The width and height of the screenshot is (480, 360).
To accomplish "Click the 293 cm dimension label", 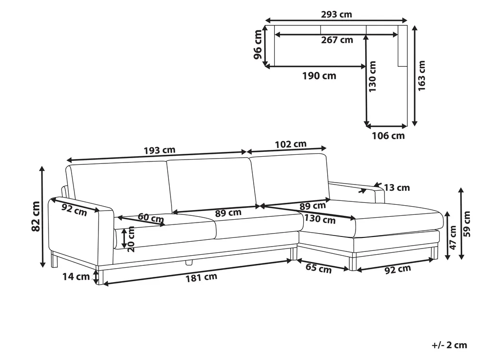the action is coord(336,14).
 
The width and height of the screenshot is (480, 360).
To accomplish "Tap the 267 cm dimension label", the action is coord(337,40).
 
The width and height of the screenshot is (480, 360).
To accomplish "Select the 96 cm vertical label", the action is coord(258,45).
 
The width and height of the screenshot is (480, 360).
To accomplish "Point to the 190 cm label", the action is coord(320,75).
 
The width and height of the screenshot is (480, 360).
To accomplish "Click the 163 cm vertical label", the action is coord(421,75).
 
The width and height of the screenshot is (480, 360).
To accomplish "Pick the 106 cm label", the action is coord(388,136).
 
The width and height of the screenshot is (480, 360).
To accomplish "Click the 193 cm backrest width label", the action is coord(160,150).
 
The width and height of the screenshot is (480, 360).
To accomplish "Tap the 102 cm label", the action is coord(291,144).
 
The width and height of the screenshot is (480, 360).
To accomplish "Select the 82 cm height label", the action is coord(36,216).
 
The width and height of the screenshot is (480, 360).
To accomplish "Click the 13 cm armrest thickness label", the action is coord(397,187).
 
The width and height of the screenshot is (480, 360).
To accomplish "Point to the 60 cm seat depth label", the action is coord(150,218).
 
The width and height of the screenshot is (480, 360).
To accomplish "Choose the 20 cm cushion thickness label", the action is coord(131,239).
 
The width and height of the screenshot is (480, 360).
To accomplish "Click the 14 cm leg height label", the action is coord(76,277).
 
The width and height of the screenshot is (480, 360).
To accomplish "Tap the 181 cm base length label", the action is coord(201,278).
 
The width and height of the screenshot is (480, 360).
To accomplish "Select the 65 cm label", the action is coord(319,268).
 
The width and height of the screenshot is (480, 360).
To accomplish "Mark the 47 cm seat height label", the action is coord(453,237).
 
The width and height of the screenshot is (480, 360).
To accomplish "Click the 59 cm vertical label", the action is coord(467,224).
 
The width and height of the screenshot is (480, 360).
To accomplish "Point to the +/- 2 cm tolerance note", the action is coord(449,345).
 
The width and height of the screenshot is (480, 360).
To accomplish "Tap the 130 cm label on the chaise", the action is coord(320,219).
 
